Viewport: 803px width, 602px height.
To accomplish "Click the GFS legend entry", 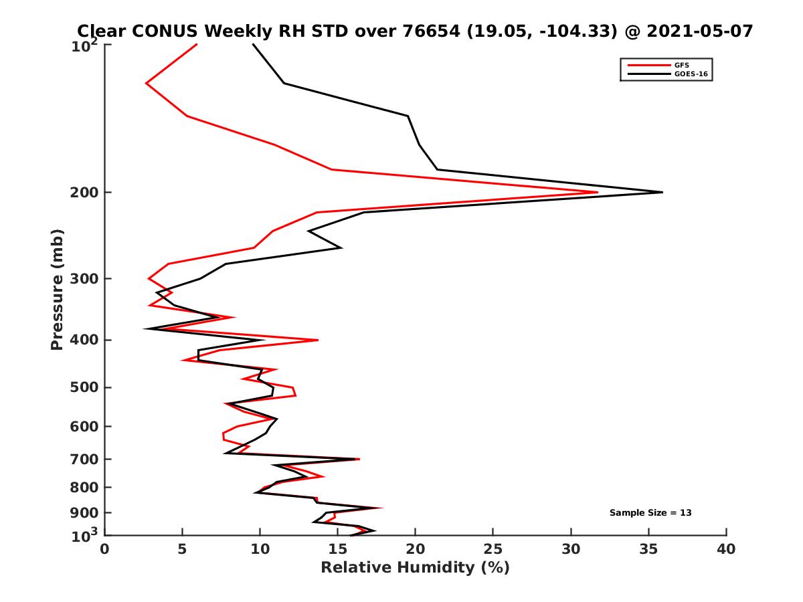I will tap(681, 65).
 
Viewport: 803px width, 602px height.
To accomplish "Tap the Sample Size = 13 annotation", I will tap(650, 513).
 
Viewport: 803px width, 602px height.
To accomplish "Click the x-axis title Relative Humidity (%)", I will tap(415, 568).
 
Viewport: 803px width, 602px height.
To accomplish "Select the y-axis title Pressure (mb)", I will tap(57, 289).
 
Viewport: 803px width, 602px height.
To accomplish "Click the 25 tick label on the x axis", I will tap(493, 549).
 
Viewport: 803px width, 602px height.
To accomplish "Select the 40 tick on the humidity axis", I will tap(726, 549).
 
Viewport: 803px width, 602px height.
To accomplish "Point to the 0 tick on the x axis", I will tap(105, 549).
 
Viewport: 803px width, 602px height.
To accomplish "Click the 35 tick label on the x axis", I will tap(648, 549).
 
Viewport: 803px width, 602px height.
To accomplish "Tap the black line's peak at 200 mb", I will tap(662, 193).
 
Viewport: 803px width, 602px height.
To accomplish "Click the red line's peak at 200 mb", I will tap(597, 193).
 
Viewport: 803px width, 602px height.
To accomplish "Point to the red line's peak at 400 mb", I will tap(317, 340).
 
